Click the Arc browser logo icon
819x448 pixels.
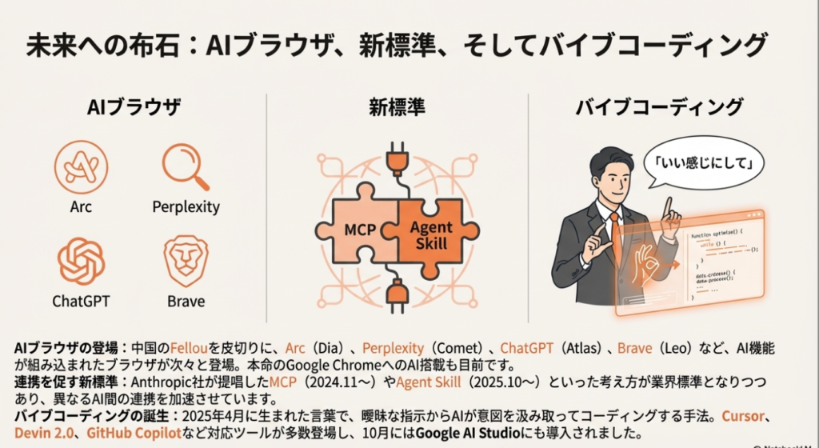click(x=81, y=166)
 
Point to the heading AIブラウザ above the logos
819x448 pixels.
click(x=134, y=107)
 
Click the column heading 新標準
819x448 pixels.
click(x=397, y=107)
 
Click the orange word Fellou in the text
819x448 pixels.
click(x=189, y=349)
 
